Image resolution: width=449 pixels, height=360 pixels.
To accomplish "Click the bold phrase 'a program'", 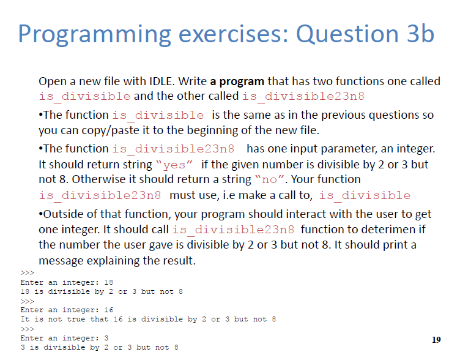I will tap(237, 81).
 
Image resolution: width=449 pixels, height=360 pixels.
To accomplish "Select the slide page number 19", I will tap(436, 339).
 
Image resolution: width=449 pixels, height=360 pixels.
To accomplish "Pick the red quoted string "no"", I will tap(269, 179).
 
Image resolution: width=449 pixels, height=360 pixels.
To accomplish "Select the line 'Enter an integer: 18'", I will tap(67, 283).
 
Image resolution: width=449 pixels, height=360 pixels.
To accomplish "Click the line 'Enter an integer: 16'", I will tap(67, 310).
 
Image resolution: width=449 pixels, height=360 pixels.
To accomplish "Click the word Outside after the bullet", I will tap(63, 214).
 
